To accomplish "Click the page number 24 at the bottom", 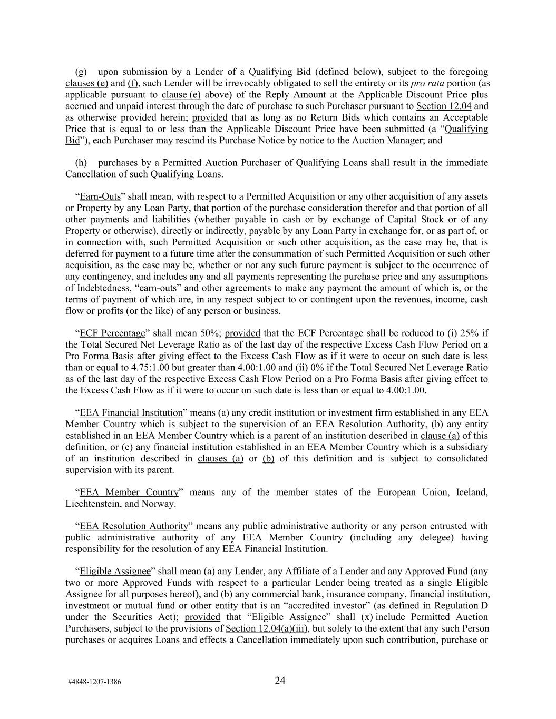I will point(280,681).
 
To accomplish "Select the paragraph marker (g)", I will point(81,72).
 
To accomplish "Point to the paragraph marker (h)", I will point(81,163).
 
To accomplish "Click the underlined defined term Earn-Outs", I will point(100,196).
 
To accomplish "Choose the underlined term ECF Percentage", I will point(112,333).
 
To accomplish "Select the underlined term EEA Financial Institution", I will point(131,412).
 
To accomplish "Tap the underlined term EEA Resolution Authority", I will point(134,526).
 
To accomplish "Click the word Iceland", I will point(471,492).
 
